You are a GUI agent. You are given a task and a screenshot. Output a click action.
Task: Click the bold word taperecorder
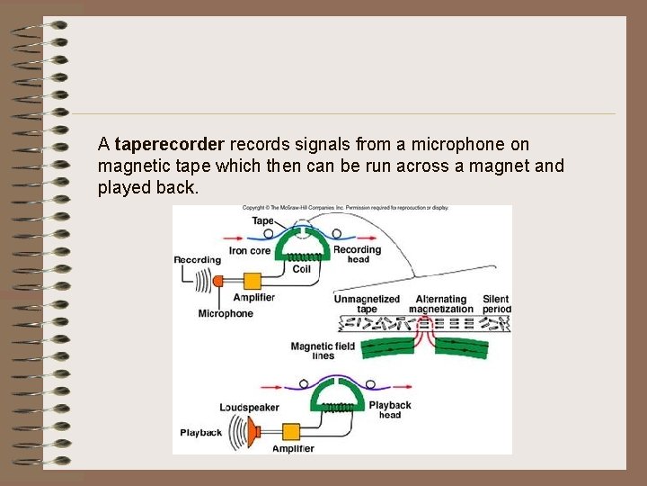tap(170, 144)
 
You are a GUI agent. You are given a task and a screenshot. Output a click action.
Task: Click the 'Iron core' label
tap(249, 251)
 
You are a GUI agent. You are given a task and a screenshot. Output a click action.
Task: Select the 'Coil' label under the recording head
tap(300, 268)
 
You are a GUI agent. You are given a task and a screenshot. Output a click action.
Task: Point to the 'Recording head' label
tap(358, 255)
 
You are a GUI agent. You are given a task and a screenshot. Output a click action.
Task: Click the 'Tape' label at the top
tap(262, 220)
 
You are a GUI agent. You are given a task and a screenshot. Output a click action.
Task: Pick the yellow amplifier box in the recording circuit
tap(251, 279)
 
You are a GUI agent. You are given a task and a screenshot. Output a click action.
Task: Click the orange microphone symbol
tap(218, 280)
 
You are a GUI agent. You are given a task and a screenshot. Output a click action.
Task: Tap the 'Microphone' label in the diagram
tap(226, 314)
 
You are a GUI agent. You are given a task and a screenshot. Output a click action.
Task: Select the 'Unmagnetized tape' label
tap(367, 304)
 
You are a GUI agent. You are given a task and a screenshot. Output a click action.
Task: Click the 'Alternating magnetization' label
tap(441, 304)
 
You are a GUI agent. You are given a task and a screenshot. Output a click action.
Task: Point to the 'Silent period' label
tap(496, 304)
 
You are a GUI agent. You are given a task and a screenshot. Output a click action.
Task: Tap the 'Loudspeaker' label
tap(249, 408)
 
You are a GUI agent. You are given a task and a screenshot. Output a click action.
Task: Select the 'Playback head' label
tap(390, 409)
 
